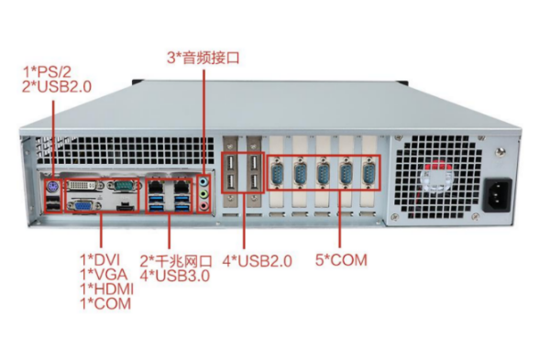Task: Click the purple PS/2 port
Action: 52,185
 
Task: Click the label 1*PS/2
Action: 46,71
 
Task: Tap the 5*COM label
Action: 341,260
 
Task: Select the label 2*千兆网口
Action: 175,260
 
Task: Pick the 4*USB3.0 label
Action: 175,275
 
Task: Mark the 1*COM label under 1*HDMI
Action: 104,303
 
